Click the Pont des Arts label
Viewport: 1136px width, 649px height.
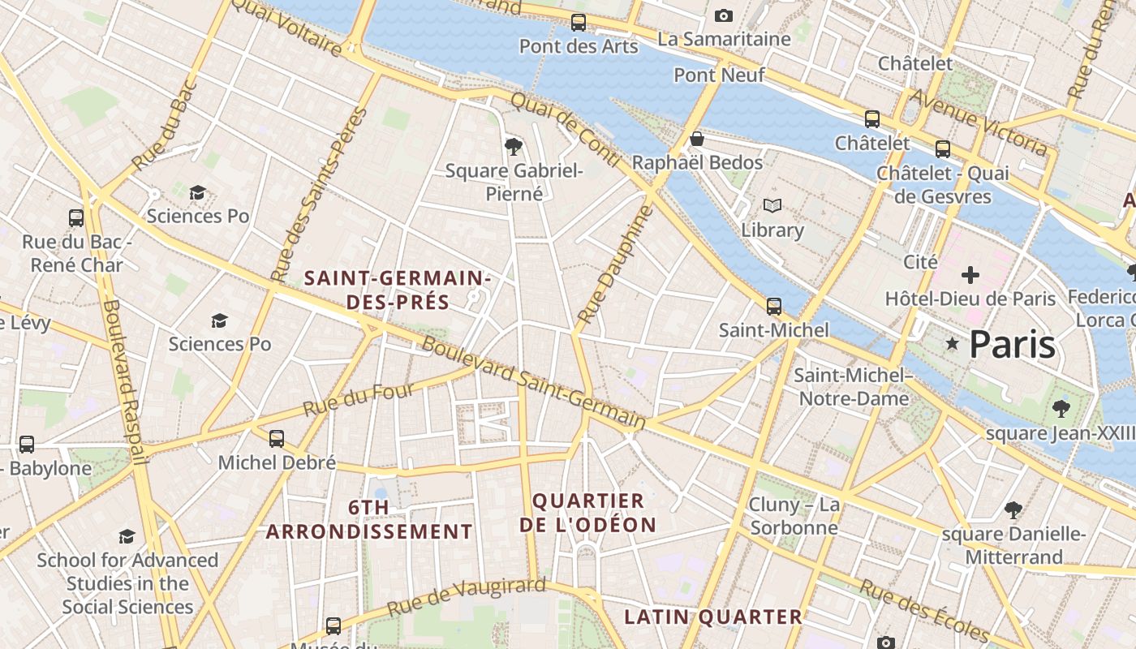[579, 46]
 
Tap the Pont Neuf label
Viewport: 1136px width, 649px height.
[719, 75]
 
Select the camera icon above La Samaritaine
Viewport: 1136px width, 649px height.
[723, 15]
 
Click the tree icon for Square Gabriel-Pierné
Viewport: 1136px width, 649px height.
[513, 146]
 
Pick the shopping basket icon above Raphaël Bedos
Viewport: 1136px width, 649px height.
[696, 139]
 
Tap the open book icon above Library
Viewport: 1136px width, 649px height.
[772, 206]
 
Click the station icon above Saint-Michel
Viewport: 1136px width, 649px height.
[774, 306]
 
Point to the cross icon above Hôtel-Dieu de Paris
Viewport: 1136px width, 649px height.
[970, 275]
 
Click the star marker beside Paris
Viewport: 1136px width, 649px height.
[953, 345]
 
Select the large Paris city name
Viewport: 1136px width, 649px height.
[1012, 345]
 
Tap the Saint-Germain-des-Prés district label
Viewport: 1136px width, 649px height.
[398, 290]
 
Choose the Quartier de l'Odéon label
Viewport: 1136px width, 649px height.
[588, 513]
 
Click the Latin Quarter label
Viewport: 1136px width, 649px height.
[713, 617]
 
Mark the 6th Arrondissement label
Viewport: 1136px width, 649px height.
[369, 520]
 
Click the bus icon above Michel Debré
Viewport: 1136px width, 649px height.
[277, 439]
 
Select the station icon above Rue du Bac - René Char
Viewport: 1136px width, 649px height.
[76, 217]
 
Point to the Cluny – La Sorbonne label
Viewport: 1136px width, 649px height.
[794, 516]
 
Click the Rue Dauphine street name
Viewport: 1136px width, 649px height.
[614, 264]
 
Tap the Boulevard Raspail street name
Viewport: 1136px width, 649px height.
[126, 382]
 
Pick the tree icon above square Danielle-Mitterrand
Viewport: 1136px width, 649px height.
[1013, 510]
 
